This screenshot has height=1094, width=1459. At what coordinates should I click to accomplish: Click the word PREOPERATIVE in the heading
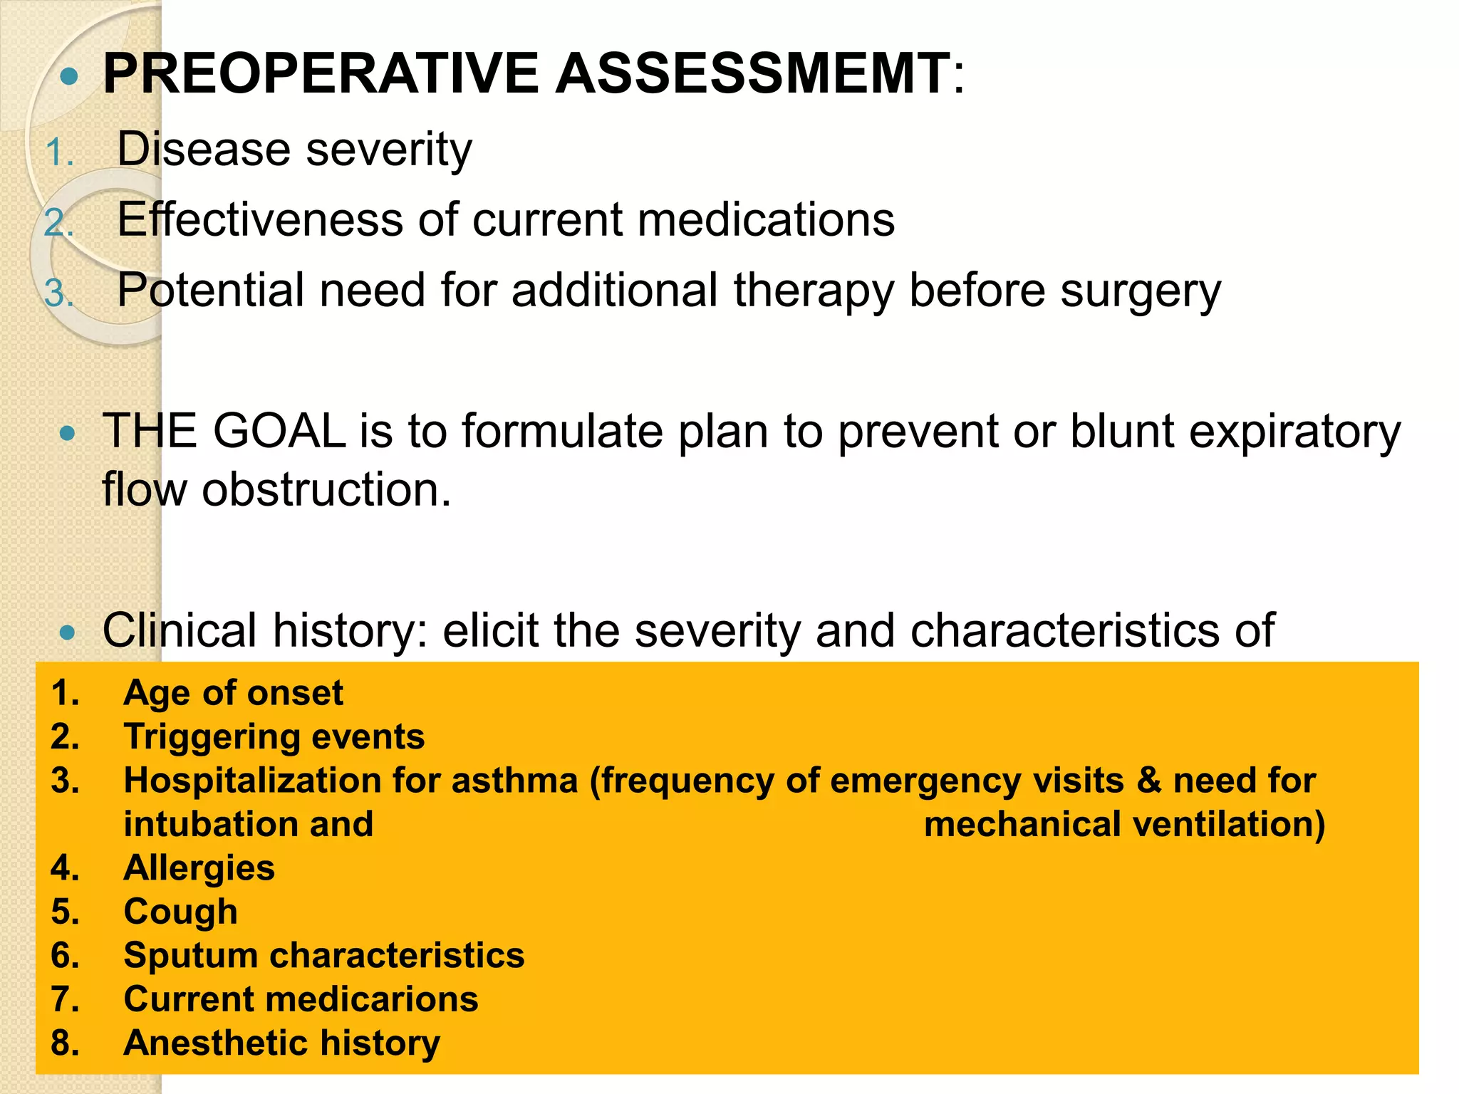321,73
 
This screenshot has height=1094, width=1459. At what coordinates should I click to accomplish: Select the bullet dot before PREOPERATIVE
68,76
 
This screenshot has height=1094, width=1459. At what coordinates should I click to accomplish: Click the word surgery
1140,292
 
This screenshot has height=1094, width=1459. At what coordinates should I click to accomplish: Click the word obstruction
326,490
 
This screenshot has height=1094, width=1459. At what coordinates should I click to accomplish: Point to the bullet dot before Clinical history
68,632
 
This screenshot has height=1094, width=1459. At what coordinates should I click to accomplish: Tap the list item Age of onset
233,693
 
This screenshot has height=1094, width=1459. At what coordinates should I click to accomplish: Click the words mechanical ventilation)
1124,825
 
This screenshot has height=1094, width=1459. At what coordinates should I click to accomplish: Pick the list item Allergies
199,868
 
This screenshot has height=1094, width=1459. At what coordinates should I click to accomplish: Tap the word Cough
180,912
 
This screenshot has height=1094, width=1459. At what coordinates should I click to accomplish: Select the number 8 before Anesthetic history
63,1043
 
